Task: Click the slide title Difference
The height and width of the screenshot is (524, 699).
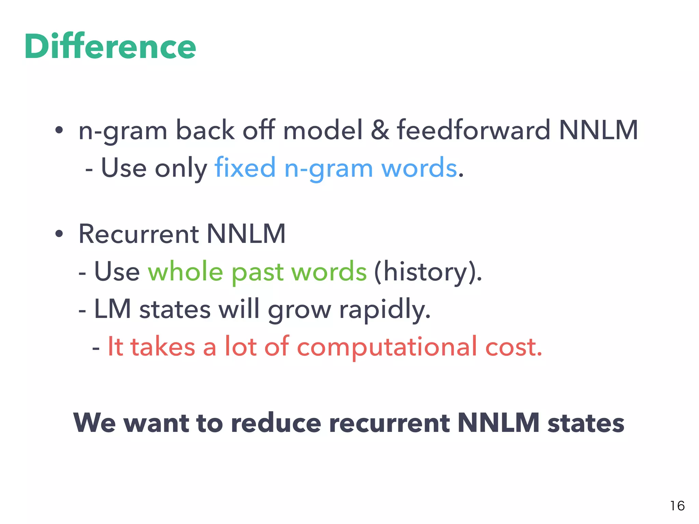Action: pos(110,46)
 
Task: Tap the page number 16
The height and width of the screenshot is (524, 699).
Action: pos(677,506)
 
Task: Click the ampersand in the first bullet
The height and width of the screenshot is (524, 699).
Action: pos(380,130)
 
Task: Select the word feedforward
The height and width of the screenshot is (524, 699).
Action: pos(473,130)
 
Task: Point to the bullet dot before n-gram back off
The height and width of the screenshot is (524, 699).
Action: pos(59,130)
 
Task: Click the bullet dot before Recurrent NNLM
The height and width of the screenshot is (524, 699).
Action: pos(59,234)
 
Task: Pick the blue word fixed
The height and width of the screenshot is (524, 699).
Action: pos(245,168)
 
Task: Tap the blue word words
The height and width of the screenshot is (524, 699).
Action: pos(419,168)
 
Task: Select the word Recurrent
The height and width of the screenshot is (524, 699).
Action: pos(139,234)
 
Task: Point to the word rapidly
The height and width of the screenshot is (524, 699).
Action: pos(384,310)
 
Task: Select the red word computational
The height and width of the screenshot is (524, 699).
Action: pos(387,347)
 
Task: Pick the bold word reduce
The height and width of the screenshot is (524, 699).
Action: pos(276,423)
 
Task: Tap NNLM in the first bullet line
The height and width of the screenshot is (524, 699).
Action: pos(598,130)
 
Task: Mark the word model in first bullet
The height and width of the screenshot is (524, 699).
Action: pos(323,130)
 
